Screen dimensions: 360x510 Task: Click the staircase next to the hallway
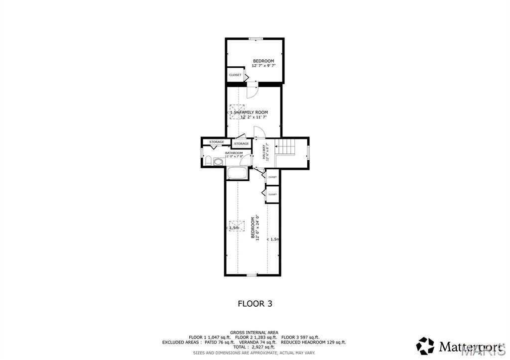[286, 147]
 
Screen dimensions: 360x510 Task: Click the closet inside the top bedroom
[235, 75]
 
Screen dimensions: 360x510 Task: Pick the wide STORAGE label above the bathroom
[217, 142]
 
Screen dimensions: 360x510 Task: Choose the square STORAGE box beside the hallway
[241, 144]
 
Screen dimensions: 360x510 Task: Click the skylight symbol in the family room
[237, 112]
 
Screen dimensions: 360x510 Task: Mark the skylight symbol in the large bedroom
[237, 226]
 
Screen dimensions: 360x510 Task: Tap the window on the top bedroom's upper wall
[256, 38]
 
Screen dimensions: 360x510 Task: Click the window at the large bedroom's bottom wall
[252, 275]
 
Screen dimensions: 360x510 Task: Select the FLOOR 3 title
[255, 303]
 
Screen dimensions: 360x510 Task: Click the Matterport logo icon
[425, 346]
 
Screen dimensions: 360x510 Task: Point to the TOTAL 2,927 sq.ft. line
[254, 347]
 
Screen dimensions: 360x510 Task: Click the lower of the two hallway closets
[272, 194]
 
